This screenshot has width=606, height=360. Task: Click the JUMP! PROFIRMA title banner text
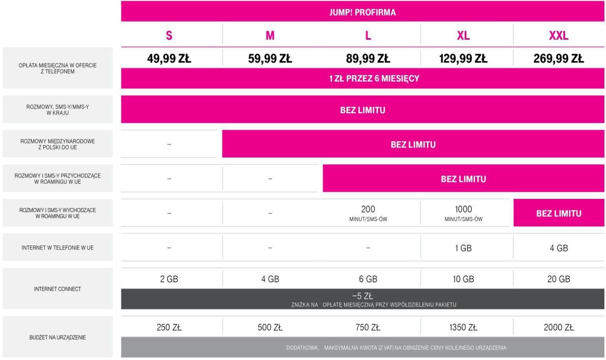(362, 12)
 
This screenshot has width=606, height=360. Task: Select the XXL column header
(558, 35)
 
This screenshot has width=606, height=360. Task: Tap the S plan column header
(169, 35)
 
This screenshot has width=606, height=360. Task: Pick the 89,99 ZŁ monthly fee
(368, 59)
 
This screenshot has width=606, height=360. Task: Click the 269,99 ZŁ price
(558, 59)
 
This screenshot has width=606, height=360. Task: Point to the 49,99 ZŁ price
(169, 59)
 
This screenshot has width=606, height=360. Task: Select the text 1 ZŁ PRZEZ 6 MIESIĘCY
(362, 78)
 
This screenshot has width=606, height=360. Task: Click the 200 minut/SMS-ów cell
(368, 213)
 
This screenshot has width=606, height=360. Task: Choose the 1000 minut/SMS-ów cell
(463, 213)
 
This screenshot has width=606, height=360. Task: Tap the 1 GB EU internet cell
(463, 248)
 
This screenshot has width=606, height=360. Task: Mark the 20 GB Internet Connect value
(558, 279)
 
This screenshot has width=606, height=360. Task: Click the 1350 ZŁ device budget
(463, 327)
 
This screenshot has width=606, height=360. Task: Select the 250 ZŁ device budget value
(169, 327)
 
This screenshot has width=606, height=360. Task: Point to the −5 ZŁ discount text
(362, 296)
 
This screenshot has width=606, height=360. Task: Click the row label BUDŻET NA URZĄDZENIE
(57, 337)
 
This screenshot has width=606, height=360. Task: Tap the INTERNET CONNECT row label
(57, 289)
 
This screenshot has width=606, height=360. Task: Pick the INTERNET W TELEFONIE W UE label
(57, 248)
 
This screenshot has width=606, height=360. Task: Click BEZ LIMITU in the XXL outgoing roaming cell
(558, 213)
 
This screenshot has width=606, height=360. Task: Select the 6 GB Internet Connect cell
(368, 279)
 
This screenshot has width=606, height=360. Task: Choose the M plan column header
(270, 35)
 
